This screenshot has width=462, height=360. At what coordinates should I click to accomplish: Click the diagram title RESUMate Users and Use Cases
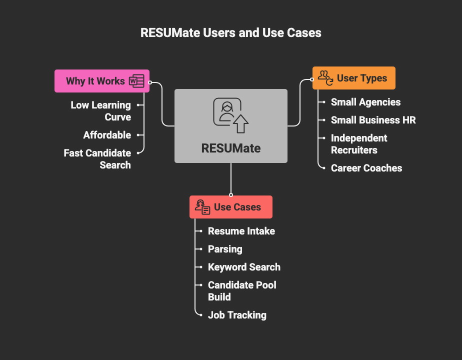231,33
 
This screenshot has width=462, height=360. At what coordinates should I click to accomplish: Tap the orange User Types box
353,78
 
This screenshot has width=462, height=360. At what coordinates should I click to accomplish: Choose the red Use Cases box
230,207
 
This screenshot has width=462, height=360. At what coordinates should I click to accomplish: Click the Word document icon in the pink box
136,81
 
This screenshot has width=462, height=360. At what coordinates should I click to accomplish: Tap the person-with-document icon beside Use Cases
202,207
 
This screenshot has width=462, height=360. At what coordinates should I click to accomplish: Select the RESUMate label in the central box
231,148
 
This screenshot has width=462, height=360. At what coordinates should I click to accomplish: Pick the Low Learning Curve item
100,111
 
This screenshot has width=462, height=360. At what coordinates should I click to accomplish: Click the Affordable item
107,135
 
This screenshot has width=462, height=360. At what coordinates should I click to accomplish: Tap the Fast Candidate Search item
97,159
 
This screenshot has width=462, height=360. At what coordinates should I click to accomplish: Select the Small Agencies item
365,102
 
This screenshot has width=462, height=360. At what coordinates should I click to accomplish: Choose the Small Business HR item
373,120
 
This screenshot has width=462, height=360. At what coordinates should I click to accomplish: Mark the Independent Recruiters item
359,144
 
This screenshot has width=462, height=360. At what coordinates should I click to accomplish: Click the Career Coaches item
366,168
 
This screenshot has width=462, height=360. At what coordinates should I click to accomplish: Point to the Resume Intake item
241,231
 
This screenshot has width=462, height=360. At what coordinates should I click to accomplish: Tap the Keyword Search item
244,267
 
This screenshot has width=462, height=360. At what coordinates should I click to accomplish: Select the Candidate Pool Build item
242,291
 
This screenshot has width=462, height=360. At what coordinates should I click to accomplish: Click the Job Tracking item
237,315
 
